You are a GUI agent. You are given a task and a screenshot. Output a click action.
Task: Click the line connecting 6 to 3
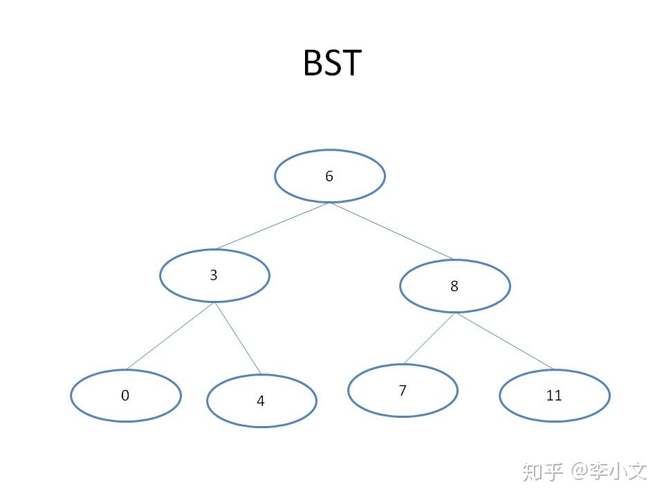click(x=273, y=226)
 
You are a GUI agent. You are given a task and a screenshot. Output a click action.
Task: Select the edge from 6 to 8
click(x=392, y=231)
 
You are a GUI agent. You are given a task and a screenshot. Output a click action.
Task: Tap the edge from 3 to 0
click(x=171, y=336)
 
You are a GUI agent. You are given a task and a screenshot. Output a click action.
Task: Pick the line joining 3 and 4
click(x=237, y=338)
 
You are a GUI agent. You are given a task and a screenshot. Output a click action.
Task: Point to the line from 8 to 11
click(x=504, y=341)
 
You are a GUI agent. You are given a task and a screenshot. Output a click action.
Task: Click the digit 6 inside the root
click(x=329, y=176)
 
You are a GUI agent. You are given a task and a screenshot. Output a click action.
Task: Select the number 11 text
click(x=554, y=396)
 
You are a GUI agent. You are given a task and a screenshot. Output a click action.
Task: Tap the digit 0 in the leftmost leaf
click(x=125, y=396)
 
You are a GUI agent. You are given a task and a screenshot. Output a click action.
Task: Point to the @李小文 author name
click(x=609, y=472)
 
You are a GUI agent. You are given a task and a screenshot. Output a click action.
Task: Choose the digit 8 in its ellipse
click(x=454, y=286)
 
